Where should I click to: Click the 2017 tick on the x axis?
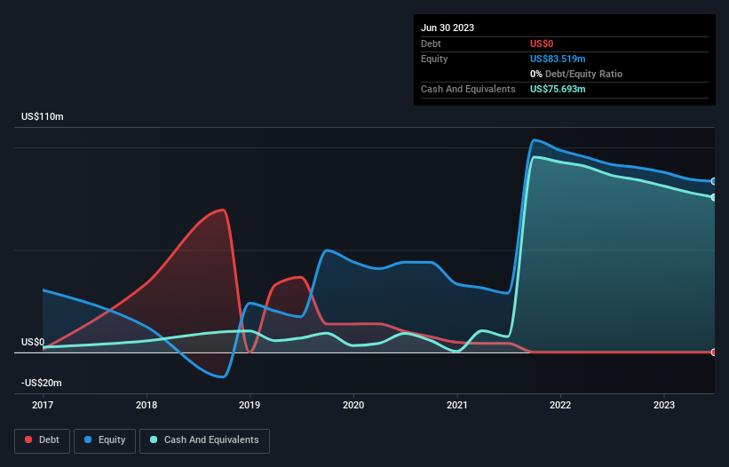(x=43, y=405)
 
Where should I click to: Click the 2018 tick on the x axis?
(x=147, y=405)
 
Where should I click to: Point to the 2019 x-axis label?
(x=250, y=405)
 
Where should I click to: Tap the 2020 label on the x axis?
(x=353, y=405)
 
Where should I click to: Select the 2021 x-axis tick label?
(x=457, y=405)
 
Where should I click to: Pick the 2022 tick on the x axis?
(x=560, y=405)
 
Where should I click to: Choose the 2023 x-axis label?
(x=664, y=405)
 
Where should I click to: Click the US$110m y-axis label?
(x=43, y=117)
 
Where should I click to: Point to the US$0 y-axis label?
(x=33, y=342)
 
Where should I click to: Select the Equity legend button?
(x=105, y=439)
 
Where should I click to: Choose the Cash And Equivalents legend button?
(x=204, y=439)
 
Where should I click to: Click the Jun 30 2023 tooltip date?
(x=448, y=28)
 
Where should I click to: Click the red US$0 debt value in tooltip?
(x=543, y=44)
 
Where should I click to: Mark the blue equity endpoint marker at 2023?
(x=714, y=181)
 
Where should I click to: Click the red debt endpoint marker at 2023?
(x=714, y=352)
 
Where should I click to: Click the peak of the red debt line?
(x=224, y=210)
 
